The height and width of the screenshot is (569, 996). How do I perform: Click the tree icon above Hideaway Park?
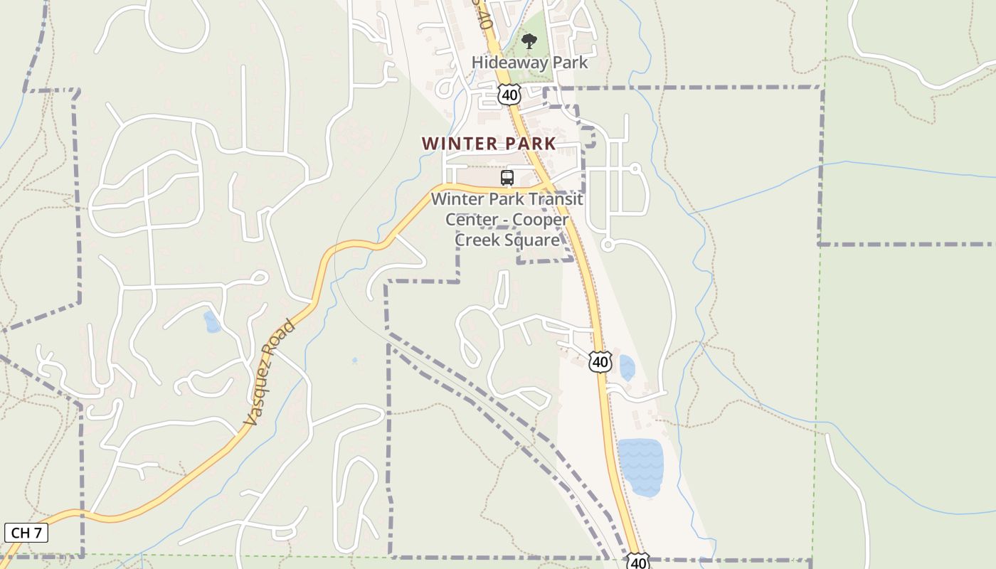pos(529,42)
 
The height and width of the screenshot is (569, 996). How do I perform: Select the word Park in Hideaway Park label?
pos(569,63)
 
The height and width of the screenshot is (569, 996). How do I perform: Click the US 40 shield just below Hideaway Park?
pos(509,95)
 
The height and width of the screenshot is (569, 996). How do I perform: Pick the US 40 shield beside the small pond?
pos(600,362)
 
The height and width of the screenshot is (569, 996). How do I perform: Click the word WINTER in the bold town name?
pos(460,144)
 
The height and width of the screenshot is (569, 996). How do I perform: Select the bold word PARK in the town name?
pos(530,144)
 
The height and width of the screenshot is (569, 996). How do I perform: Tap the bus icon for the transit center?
pos(507,178)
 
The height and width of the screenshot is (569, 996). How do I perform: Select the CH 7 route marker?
pos(26,533)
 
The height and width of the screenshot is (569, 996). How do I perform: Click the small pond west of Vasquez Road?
pos(211,322)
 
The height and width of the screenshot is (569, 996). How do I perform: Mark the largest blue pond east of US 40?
pos(640,466)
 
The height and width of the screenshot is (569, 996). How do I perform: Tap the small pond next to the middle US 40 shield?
pos(627,368)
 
